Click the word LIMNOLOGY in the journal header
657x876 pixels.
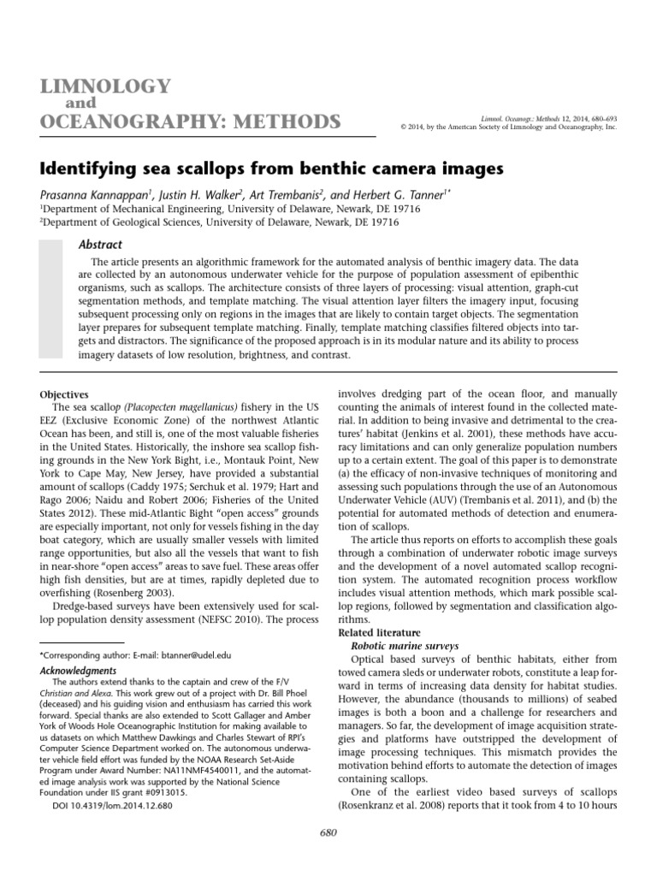(101, 86)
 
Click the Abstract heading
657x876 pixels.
(100, 244)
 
